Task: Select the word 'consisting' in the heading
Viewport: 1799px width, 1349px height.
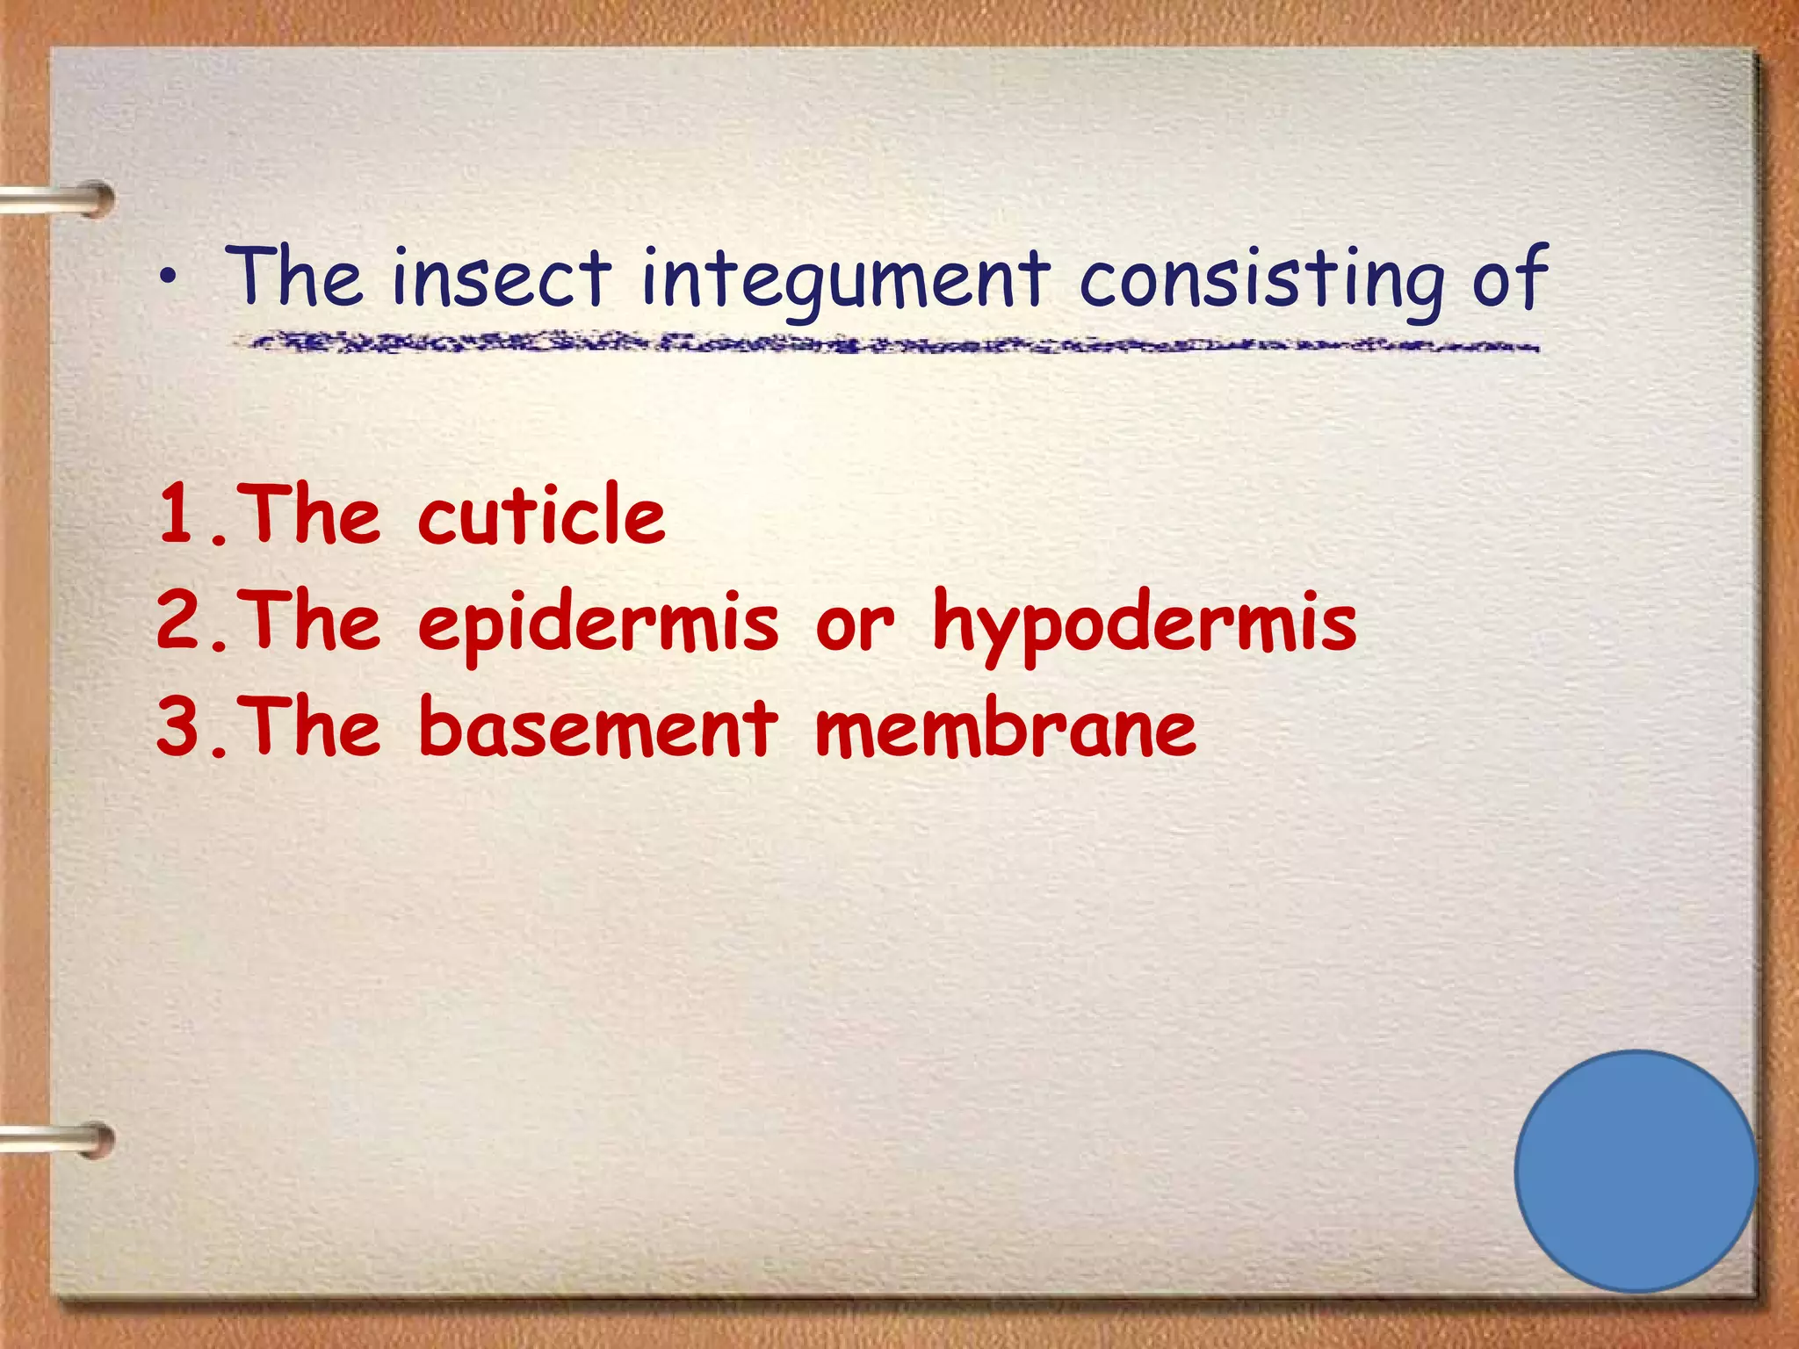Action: [1261, 279]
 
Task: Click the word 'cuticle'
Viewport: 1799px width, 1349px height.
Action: [541, 516]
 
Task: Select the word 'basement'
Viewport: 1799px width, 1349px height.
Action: [598, 727]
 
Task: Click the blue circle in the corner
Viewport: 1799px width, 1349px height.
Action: [1636, 1171]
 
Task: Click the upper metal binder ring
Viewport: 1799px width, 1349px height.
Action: [61, 200]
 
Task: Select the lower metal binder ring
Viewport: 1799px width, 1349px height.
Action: [61, 1141]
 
